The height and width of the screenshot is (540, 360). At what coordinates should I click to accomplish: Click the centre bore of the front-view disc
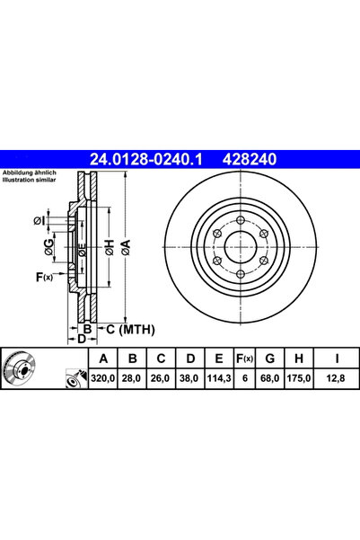240,248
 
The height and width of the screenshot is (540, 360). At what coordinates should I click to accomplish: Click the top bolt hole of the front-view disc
240,223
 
